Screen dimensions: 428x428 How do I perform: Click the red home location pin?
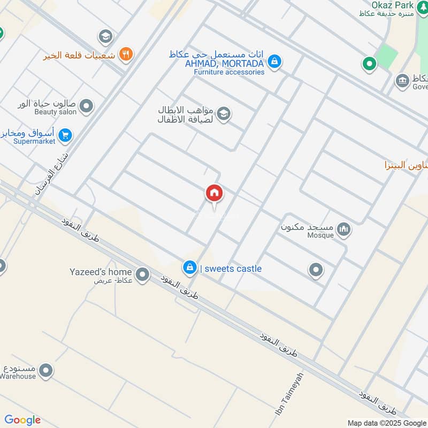click(x=215, y=193)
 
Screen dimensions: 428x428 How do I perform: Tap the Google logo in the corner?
click(x=22, y=420)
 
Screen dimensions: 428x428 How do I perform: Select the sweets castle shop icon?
click(x=189, y=268)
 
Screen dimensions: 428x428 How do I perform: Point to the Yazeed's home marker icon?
click(x=142, y=276)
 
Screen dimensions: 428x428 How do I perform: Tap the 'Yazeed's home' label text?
click(x=101, y=272)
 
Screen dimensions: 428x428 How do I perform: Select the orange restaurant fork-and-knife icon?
click(x=126, y=53)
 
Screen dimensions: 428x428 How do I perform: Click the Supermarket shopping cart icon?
click(x=65, y=135)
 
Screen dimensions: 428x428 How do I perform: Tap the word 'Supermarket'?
click(x=34, y=141)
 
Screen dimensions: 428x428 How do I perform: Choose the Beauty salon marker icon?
click(x=86, y=106)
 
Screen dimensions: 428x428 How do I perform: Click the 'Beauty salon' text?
click(x=55, y=112)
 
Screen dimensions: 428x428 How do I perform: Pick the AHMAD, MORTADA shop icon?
click(x=274, y=62)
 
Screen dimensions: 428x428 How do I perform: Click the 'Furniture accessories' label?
click(x=229, y=72)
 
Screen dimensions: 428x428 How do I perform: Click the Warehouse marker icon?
click(x=47, y=370)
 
